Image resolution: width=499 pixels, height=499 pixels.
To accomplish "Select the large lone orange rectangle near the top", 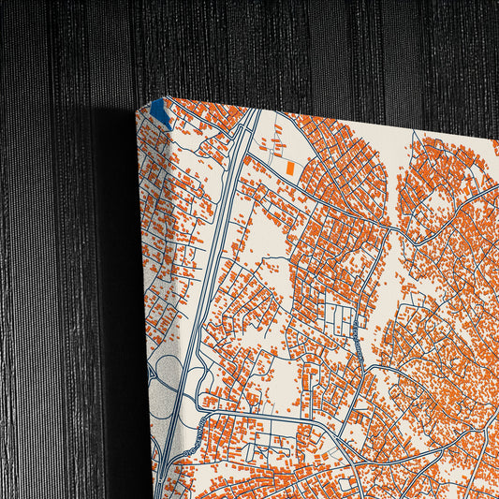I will [x=290, y=168].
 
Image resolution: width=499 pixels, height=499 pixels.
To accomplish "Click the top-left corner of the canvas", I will [x=138, y=110].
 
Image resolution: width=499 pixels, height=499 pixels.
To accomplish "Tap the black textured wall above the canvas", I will [x=281, y=47].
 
